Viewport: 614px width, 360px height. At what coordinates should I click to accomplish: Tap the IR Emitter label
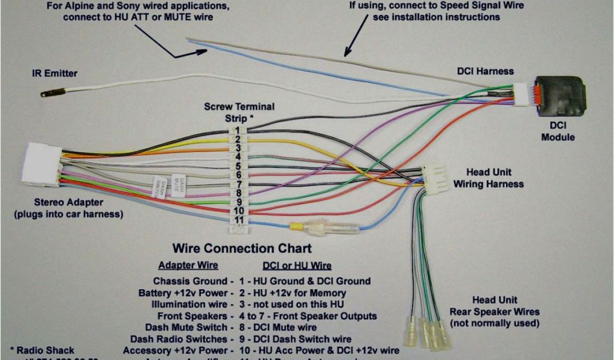point(55,74)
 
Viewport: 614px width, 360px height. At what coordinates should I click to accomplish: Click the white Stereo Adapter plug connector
point(43,164)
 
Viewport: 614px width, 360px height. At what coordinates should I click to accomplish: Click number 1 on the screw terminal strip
point(237,130)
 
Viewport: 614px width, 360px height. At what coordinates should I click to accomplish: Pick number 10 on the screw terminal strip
point(238,211)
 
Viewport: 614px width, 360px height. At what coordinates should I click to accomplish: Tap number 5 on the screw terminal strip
point(238,166)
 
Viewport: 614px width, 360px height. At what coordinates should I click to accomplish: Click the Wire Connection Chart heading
point(242,248)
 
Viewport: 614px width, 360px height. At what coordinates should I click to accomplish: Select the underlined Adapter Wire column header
point(188,265)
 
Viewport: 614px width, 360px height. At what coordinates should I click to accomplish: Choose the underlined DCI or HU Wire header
point(297,265)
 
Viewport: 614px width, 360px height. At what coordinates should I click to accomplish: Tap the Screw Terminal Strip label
point(239,112)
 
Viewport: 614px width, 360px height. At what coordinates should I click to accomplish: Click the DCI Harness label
point(485,71)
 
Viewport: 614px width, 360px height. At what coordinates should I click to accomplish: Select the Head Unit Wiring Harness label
point(488,178)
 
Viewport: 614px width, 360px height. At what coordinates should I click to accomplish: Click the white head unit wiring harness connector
point(434,179)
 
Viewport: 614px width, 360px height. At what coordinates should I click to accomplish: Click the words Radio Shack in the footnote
point(46,350)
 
